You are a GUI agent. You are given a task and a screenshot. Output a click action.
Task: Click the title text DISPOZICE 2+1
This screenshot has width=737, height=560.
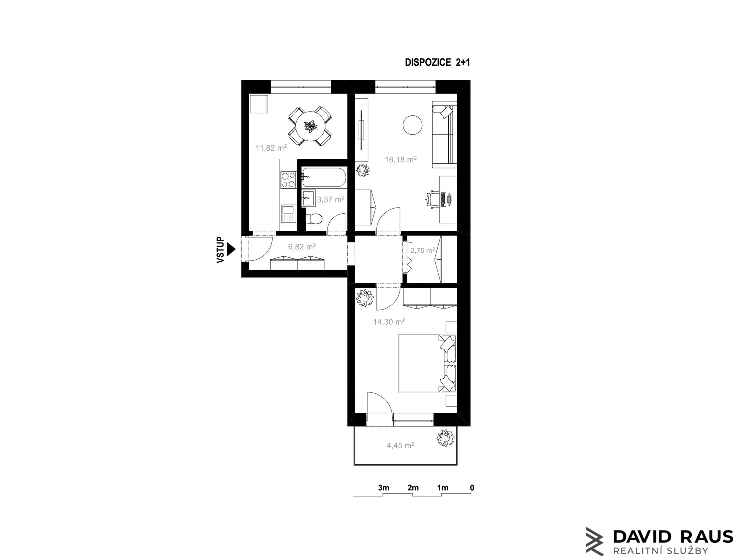click(437, 63)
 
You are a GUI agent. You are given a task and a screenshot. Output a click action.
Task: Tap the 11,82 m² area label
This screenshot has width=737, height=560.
click(271, 148)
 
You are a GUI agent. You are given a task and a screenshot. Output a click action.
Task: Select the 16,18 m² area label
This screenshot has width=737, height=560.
click(400, 160)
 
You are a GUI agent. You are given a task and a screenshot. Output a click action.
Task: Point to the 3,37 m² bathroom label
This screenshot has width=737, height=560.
click(330, 199)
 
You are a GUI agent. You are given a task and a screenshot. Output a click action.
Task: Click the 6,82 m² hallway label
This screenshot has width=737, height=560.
click(302, 246)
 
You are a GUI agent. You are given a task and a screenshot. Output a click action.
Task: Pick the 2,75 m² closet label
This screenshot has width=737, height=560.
click(422, 250)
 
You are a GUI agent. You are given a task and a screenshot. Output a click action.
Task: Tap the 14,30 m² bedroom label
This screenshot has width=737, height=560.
click(389, 322)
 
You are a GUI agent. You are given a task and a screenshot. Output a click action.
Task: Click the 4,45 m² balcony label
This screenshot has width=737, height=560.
click(400, 446)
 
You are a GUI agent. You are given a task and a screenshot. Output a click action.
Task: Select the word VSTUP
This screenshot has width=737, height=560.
click(220, 250)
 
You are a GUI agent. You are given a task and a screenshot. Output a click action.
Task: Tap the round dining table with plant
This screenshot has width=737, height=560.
click(310, 126)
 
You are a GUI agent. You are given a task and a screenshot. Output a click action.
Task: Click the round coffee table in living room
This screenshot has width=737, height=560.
click(413, 125)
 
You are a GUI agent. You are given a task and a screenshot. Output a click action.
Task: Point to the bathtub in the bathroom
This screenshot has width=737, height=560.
click(324, 178)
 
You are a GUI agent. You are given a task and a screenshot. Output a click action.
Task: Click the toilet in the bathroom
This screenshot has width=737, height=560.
click(315, 219)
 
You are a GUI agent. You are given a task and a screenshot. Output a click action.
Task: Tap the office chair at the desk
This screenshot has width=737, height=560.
click(433, 199)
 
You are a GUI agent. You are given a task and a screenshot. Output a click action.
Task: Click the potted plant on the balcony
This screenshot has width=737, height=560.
click(445, 438)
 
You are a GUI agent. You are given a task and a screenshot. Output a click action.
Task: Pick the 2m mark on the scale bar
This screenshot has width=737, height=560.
click(413, 488)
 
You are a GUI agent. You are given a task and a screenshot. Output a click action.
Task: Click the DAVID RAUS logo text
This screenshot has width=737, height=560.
click(673, 537)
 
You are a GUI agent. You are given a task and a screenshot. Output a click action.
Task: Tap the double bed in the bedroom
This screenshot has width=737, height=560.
click(426, 364)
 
